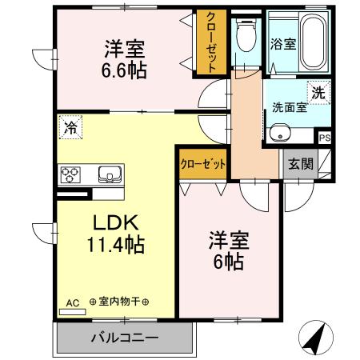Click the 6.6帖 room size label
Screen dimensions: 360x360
[x=124, y=70]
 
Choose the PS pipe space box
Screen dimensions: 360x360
[x=325, y=138]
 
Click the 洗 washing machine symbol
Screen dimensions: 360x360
[x=319, y=92]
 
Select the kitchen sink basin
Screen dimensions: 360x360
[x=108, y=174]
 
